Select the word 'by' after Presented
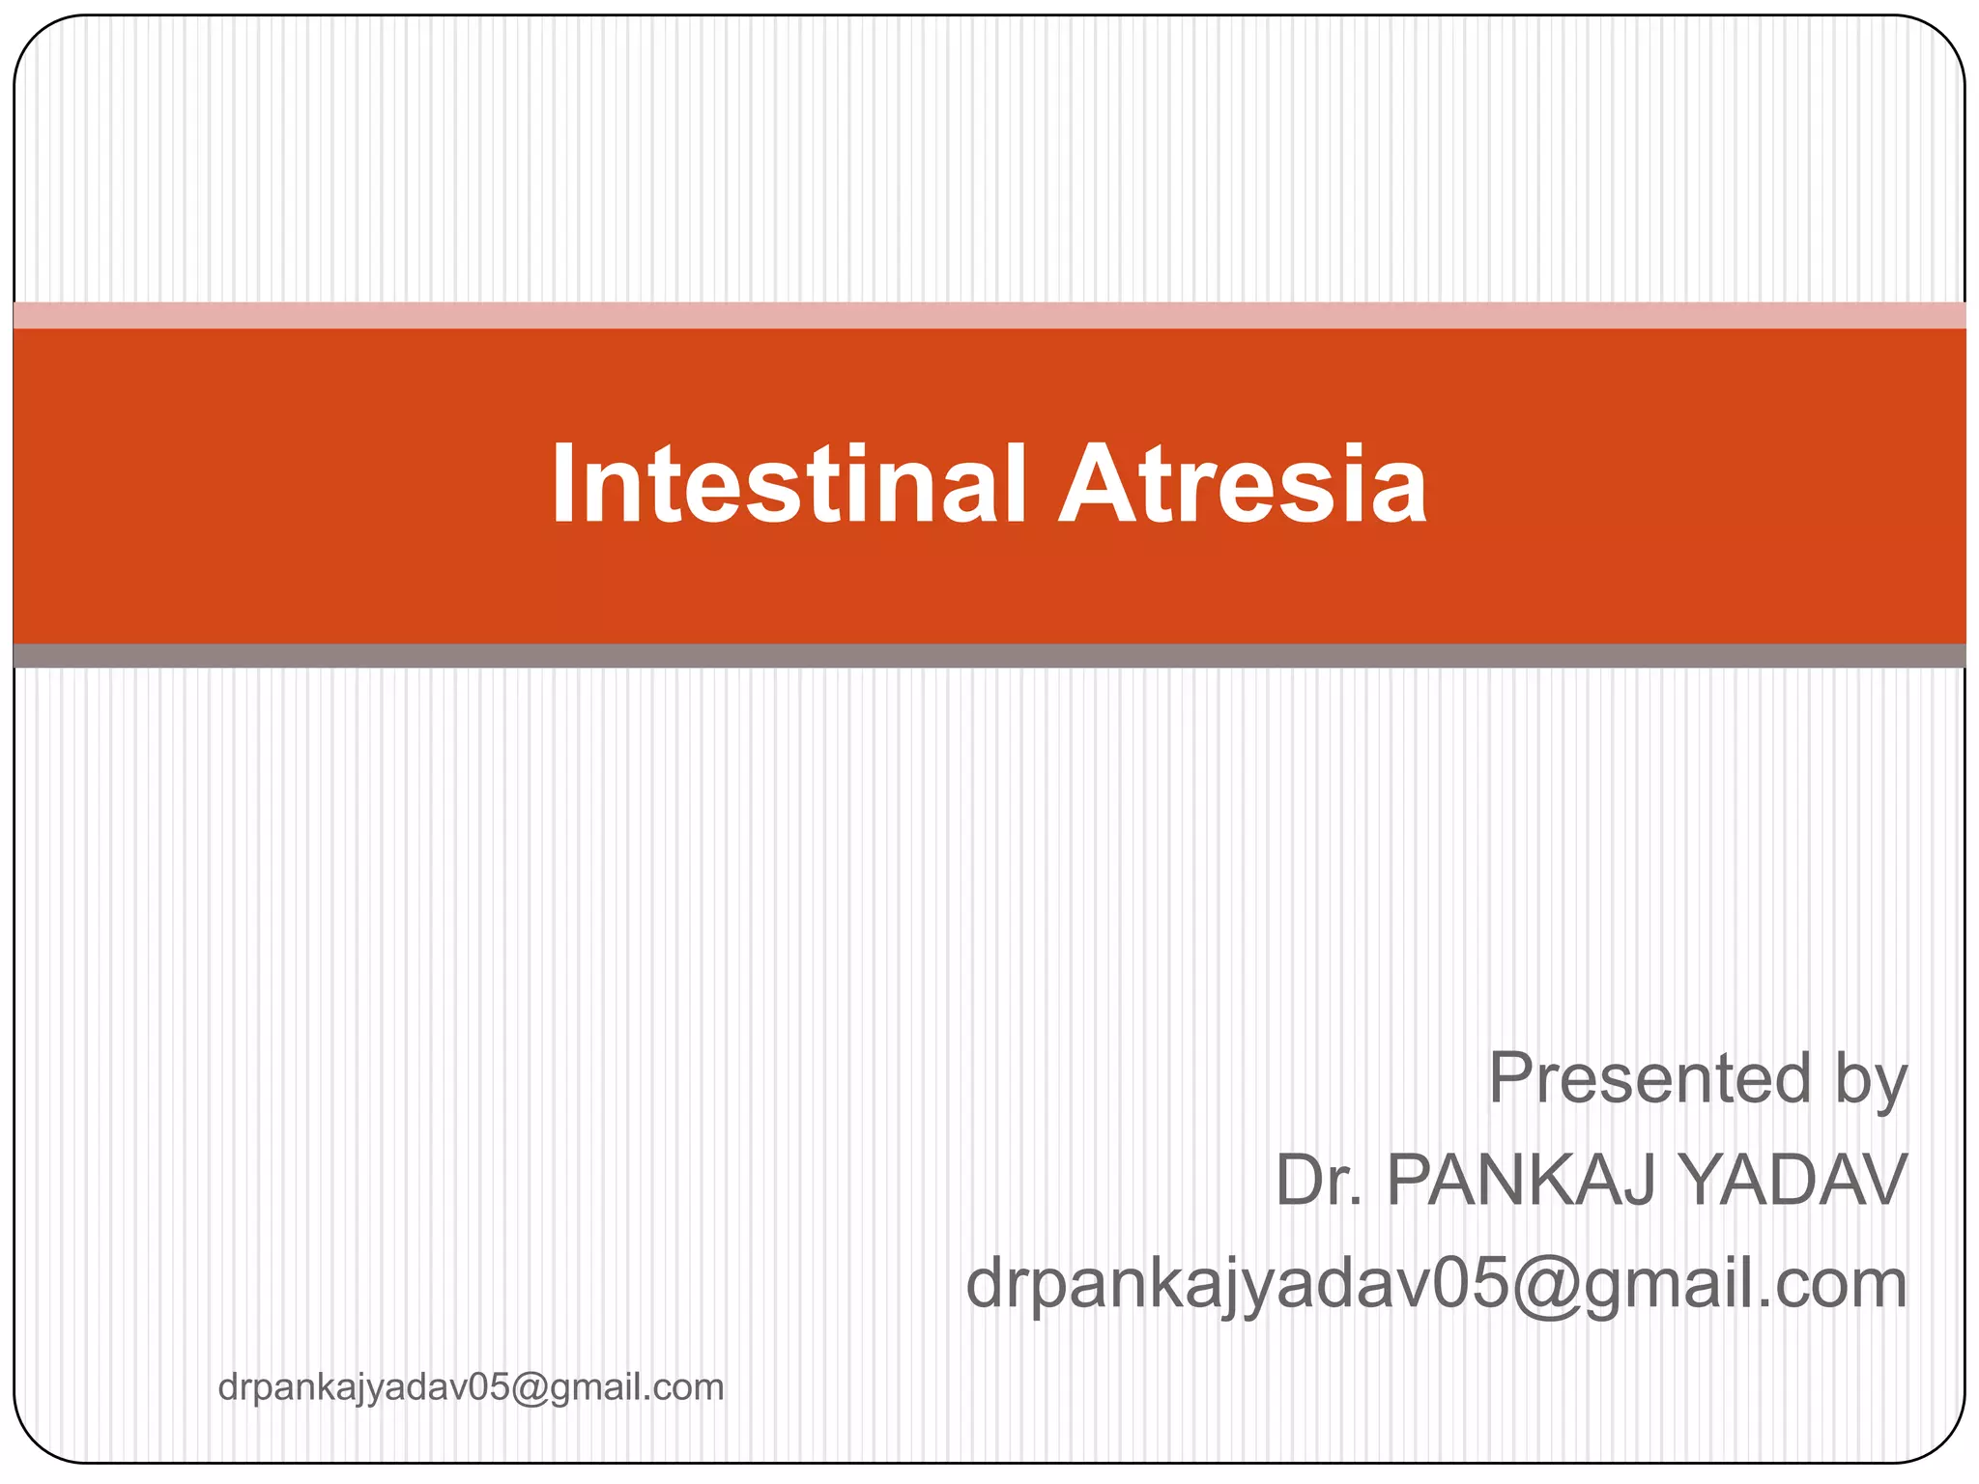[x=1871, y=1081]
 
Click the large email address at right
[x=1437, y=1285]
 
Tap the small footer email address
[x=471, y=1387]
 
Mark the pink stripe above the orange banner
[x=989, y=315]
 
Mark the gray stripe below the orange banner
[x=989, y=655]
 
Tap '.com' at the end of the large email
[x=1826, y=1285]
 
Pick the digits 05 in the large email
[x=1470, y=1284]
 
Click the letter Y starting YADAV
[x=1706, y=1180]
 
